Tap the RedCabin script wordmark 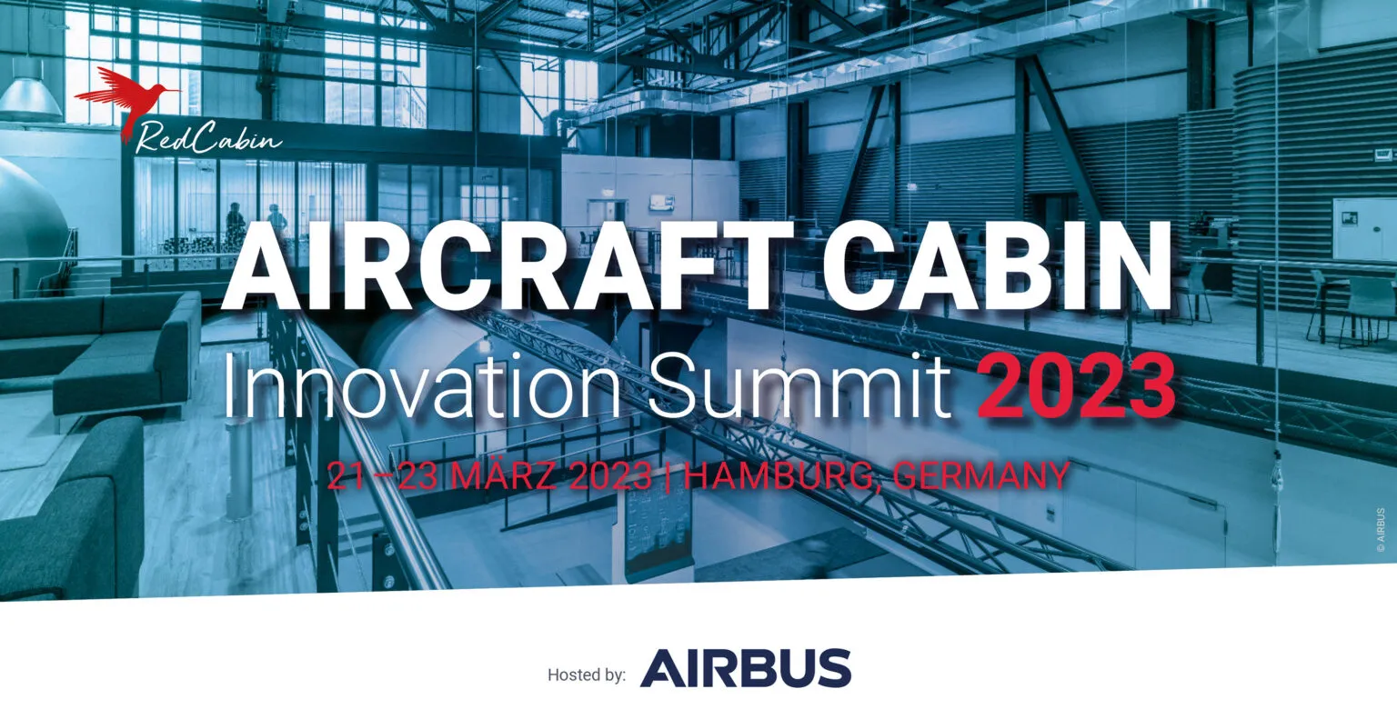coord(207,138)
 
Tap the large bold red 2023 coord(1075,385)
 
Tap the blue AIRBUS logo coord(745,668)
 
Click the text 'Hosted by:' coord(587,674)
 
